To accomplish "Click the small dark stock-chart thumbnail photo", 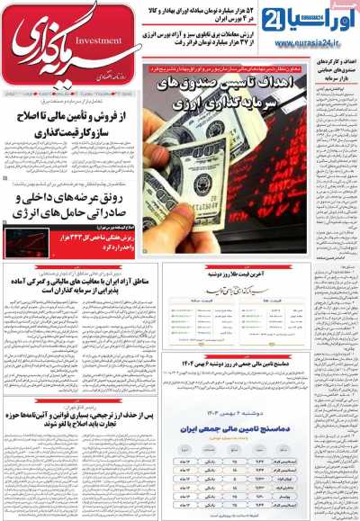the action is [26, 240].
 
